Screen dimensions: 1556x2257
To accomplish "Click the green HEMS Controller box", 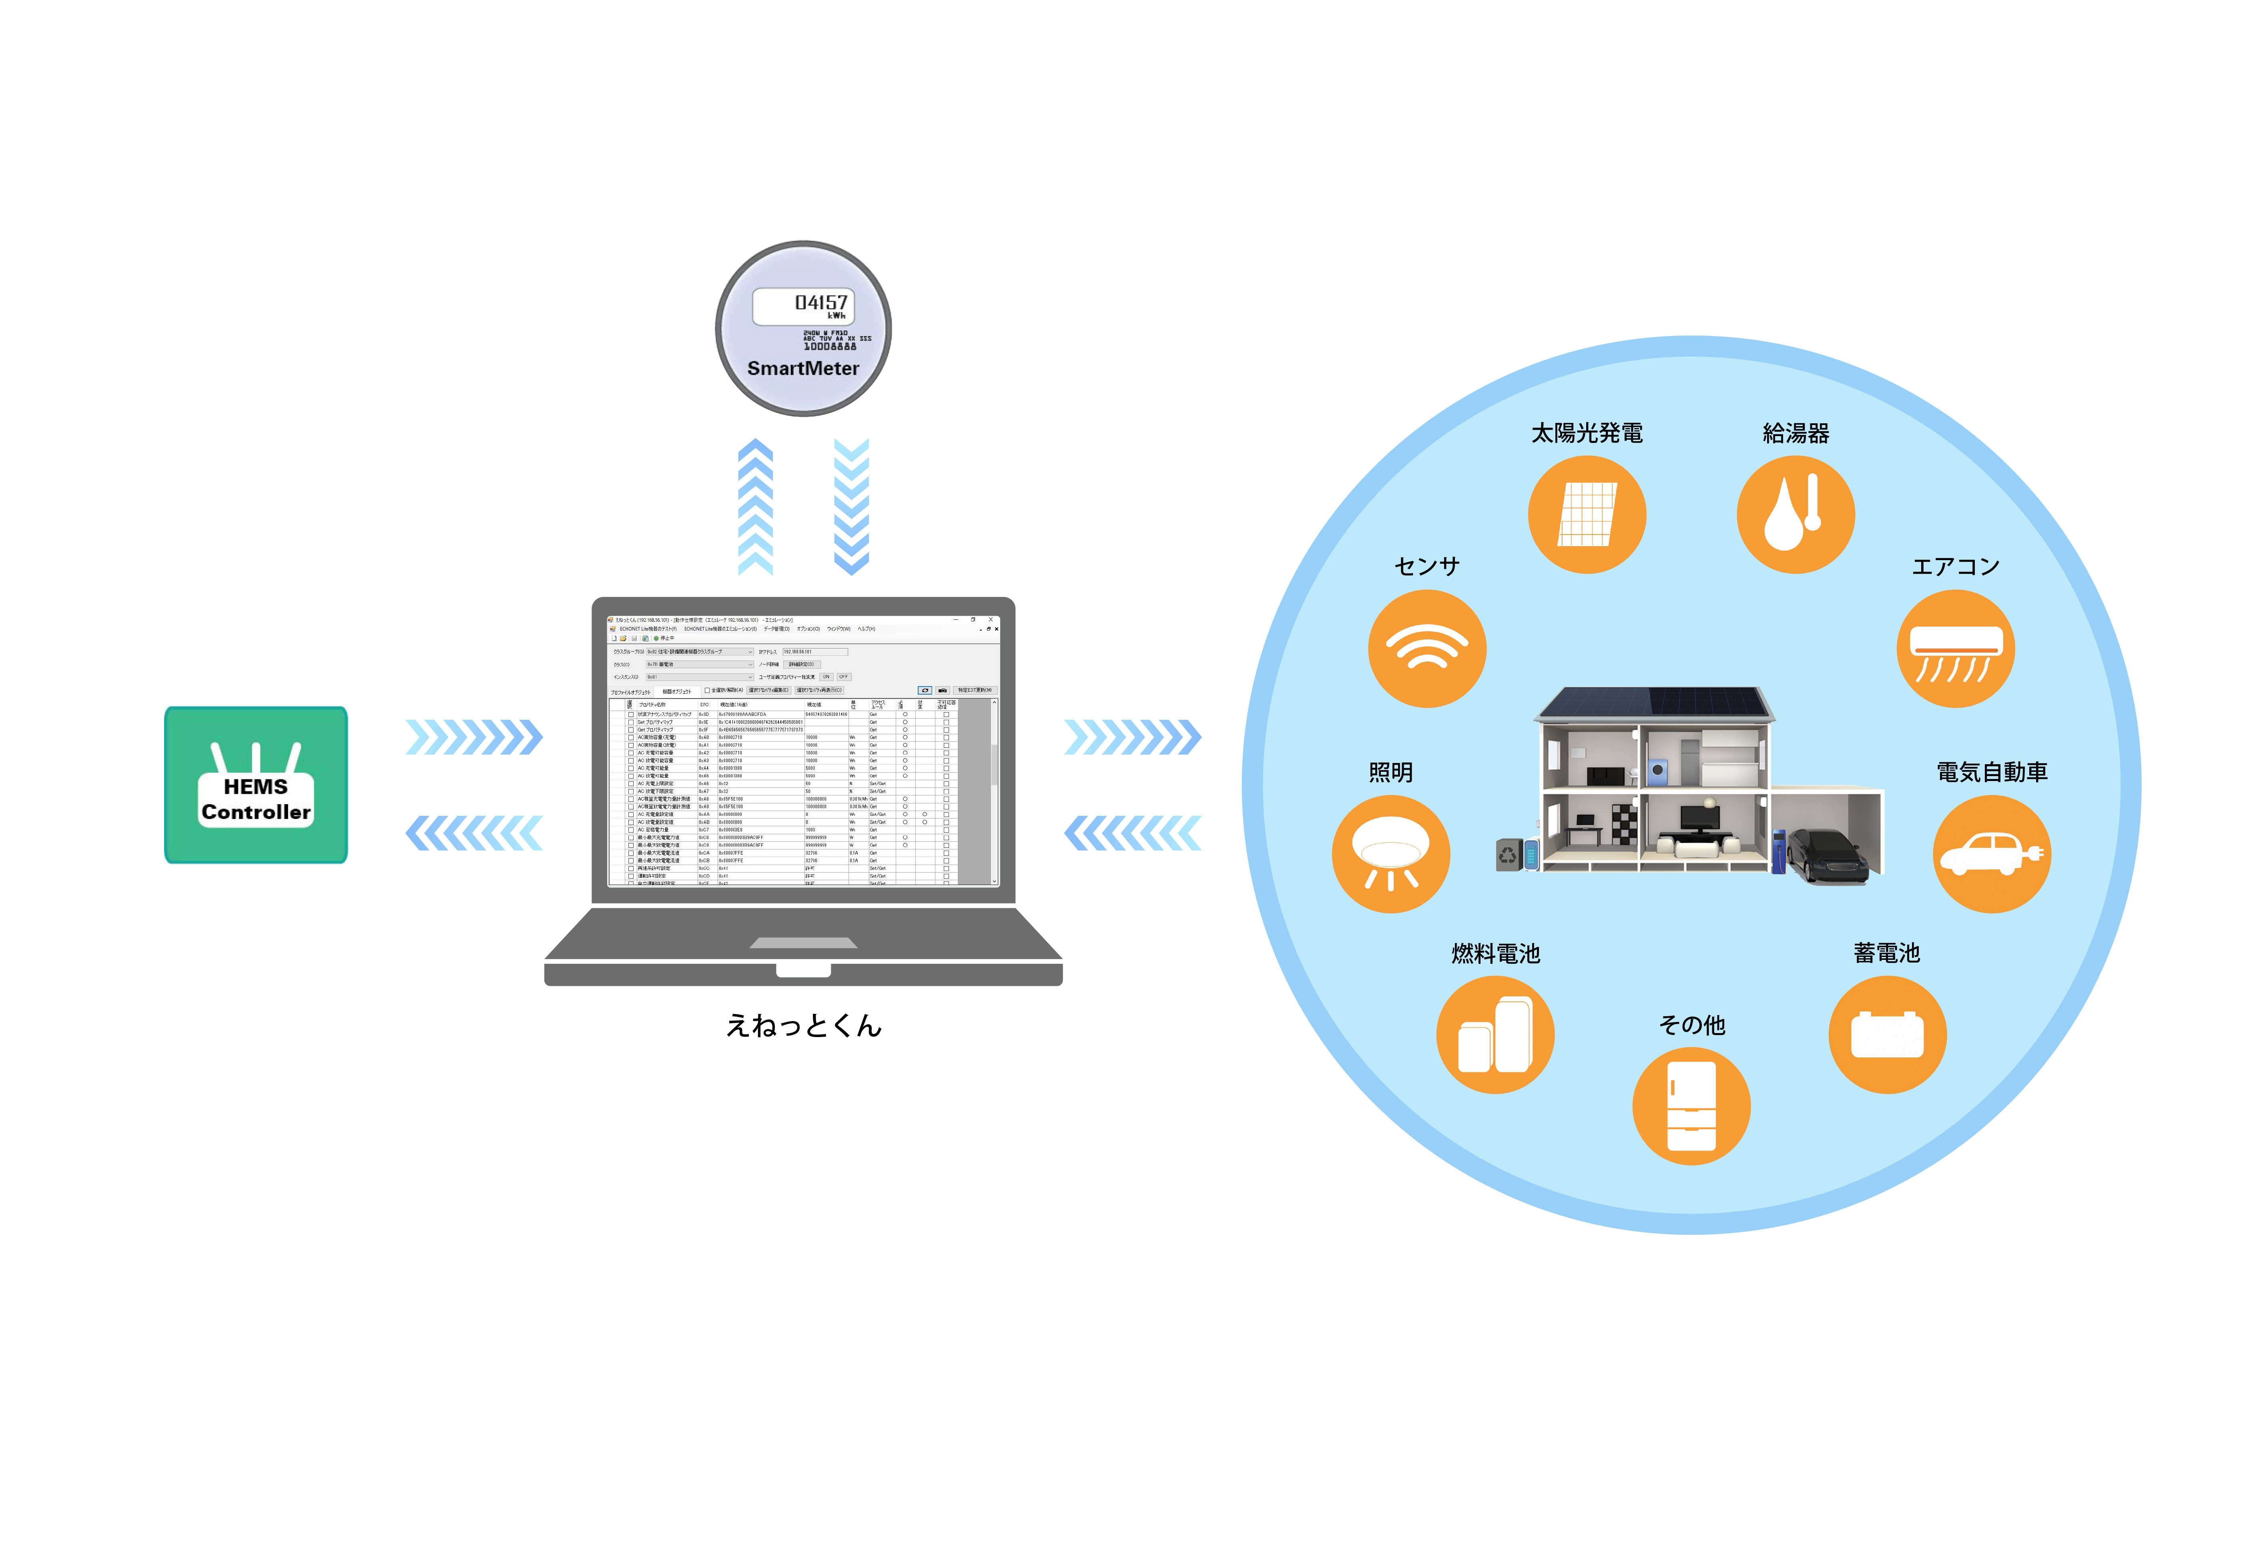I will tap(255, 785).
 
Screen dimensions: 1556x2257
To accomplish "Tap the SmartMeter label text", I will tap(803, 368).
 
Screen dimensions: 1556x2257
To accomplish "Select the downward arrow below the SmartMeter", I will tap(851, 507).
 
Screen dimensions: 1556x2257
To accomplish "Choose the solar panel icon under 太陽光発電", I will tap(1587, 515).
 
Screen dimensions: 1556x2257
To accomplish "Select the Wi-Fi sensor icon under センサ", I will tap(1427, 648).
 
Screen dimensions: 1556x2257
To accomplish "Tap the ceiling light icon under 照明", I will tap(1391, 854).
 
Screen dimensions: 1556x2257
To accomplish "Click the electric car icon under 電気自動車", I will tap(1992, 854).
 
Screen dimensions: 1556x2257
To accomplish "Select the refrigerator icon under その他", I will tap(1691, 1107).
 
